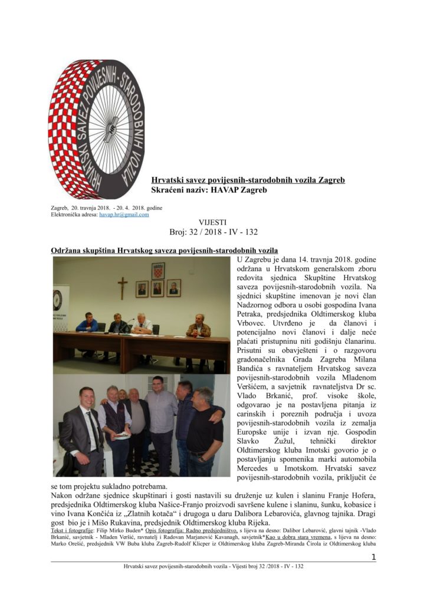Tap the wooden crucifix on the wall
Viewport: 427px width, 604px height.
pyautogui.click(x=122, y=287)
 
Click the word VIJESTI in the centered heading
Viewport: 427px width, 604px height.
pyautogui.click(x=213, y=222)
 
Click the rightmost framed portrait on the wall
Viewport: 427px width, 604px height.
pyautogui.click(x=173, y=287)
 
